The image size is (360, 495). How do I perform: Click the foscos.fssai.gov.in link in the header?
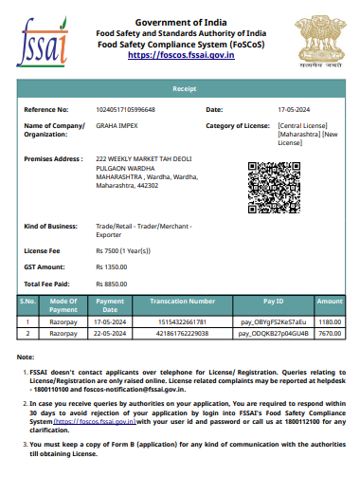[180, 55]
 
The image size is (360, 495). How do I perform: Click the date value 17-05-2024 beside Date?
[294, 110]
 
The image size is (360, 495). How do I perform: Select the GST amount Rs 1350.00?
[112, 267]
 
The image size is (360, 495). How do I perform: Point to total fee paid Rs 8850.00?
[112, 284]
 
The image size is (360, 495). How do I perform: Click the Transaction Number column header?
[183, 301]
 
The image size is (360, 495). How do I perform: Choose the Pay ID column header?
[273, 301]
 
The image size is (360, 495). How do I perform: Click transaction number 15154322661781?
[183, 321]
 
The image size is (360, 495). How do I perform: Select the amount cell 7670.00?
[330, 334]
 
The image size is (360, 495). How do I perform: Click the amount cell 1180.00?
[330, 321]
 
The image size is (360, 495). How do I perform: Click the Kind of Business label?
[49, 227]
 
